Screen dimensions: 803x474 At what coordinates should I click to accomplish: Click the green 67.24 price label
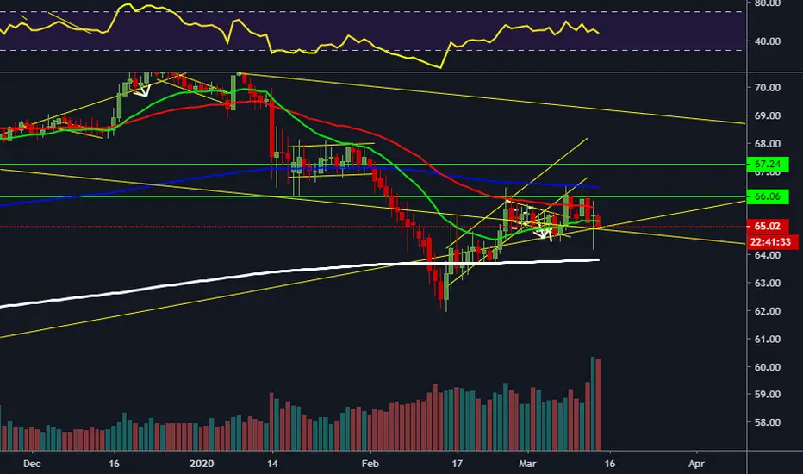pyautogui.click(x=768, y=164)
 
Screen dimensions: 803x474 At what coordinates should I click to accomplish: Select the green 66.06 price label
pyautogui.click(x=768, y=196)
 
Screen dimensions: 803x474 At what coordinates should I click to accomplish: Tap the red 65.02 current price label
pyautogui.click(x=768, y=226)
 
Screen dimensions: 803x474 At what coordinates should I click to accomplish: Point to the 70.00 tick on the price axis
pyautogui.click(x=767, y=88)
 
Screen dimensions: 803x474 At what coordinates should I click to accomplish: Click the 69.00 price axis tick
pyautogui.click(x=767, y=115)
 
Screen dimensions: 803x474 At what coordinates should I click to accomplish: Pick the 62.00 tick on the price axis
pyautogui.click(x=767, y=311)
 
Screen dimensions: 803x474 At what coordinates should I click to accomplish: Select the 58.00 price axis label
pyautogui.click(x=767, y=422)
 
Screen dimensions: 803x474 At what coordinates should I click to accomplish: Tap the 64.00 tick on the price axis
pyautogui.click(x=767, y=255)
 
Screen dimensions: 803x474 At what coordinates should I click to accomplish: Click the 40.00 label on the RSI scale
pyautogui.click(x=767, y=41)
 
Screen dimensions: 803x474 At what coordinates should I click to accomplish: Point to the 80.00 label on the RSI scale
pyautogui.click(x=767, y=3)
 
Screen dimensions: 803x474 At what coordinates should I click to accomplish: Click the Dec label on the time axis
pyautogui.click(x=32, y=464)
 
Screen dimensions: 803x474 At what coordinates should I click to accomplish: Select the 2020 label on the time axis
pyautogui.click(x=202, y=464)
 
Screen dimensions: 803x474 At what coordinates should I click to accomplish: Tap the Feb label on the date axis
pyautogui.click(x=370, y=464)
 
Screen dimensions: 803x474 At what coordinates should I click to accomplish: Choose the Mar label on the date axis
pyautogui.click(x=527, y=464)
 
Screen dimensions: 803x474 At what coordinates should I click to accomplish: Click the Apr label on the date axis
pyautogui.click(x=696, y=464)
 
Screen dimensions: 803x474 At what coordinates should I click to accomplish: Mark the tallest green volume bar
pyautogui.click(x=593, y=403)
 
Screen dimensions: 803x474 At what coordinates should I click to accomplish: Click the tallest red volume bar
pyautogui.click(x=599, y=404)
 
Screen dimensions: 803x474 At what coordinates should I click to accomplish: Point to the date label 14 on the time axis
pyautogui.click(x=272, y=464)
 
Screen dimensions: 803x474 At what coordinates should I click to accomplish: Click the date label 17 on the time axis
pyautogui.click(x=457, y=464)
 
